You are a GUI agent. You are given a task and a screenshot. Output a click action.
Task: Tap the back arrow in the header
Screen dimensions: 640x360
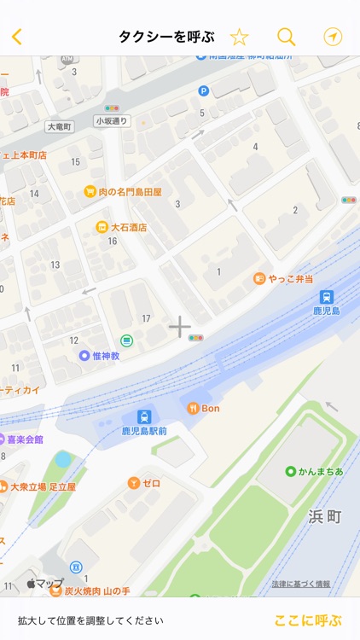pyautogui.click(x=17, y=37)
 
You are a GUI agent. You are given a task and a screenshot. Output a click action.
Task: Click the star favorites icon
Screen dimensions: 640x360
pyautogui.click(x=240, y=37)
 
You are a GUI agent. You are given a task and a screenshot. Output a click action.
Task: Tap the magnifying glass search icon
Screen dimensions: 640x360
pyautogui.click(x=287, y=37)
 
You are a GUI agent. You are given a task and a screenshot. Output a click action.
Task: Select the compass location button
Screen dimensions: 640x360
pyautogui.click(x=333, y=37)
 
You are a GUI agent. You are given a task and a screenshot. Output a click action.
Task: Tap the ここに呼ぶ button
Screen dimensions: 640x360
pyautogui.click(x=308, y=620)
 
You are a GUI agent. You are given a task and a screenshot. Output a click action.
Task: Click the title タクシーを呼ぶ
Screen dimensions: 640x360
pyautogui.click(x=165, y=37)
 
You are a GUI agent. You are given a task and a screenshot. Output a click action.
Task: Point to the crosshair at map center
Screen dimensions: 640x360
pyautogui.click(x=179, y=327)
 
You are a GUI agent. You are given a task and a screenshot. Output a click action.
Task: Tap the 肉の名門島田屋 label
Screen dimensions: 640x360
pyautogui.click(x=130, y=192)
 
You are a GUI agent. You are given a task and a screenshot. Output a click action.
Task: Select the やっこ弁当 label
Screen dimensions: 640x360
pyautogui.click(x=291, y=279)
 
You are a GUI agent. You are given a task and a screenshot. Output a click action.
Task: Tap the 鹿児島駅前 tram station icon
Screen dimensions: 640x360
pyautogui.click(x=145, y=416)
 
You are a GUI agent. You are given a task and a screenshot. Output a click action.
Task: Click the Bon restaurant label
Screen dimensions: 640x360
pyautogui.click(x=211, y=408)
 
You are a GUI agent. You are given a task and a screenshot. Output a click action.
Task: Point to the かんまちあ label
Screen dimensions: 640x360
pyautogui.click(x=321, y=471)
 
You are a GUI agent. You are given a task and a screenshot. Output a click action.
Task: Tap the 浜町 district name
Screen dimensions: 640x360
pyautogui.click(x=324, y=516)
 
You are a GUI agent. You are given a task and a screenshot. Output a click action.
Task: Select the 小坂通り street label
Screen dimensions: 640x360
pyautogui.click(x=111, y=121)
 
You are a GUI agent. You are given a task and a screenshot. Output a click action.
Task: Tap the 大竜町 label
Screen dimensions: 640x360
pyautogui.click(x=60, y=126)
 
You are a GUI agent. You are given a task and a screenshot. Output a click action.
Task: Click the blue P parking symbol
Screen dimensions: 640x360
pyautogui.click(x=203, y=91)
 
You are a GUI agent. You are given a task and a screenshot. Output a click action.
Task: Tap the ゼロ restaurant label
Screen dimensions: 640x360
pyautogui.click(x=151, y=483)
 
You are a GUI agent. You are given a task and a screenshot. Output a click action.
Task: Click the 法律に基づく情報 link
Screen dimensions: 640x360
pyautogui.click(x=301, y=585)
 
